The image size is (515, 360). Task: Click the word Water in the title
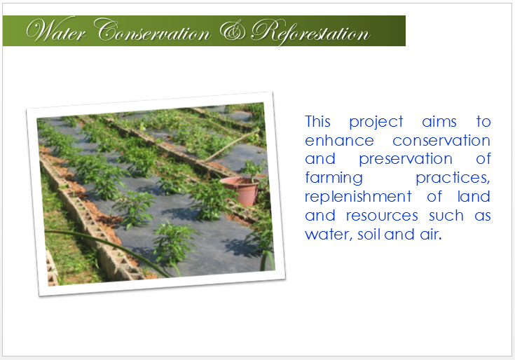pyautogui.click(x=56, y=32)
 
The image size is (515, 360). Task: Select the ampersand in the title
pyautogui.click(x=232, y=31)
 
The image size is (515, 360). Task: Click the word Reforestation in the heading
pyautogui.click(x=310, y=32)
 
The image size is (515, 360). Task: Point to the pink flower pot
pyautogui.click(x=240, y=191)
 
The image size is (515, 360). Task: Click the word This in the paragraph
pyautogui.click(x=317, y=121)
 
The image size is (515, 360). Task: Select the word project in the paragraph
pyautogui.click(x=376, y=123)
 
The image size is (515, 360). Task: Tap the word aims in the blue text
pyautogui.click(x=439, y=122)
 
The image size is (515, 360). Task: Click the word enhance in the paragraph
pyautogui.click(x=339, y=141)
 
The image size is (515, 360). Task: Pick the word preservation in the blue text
pyautogui.click(x=406, y=160)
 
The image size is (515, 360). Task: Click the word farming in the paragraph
pyautogui.click(x=334, y=179)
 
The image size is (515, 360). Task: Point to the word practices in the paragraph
pyautogui.click(x=453, y=179)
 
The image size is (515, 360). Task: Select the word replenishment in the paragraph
pyautogui.click(x=358, y=198)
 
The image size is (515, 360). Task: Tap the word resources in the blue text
pyautogui.click(x=382, y=216)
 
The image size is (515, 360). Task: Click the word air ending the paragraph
pyautogui.click(x=431, y=235)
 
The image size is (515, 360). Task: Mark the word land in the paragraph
pyautogui.click(x=474, y=197)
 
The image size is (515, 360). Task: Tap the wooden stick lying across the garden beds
pyautogui.click(x=232, y=146)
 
